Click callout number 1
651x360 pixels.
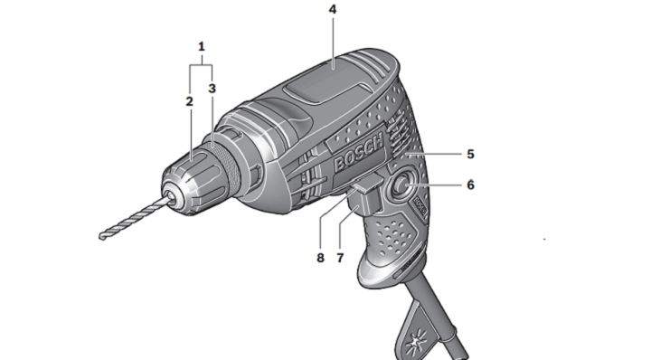point(202,46)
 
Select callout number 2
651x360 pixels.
point(189,101)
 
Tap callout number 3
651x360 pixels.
point(212,89)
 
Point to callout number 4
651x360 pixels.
point(333,10)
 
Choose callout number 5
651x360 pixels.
point(470,154)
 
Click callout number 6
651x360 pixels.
point(470,185)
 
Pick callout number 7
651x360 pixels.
point(340,258)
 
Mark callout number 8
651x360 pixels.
point(320,258)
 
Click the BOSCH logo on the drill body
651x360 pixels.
point(358,152)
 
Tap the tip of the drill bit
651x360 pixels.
point(101,237)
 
